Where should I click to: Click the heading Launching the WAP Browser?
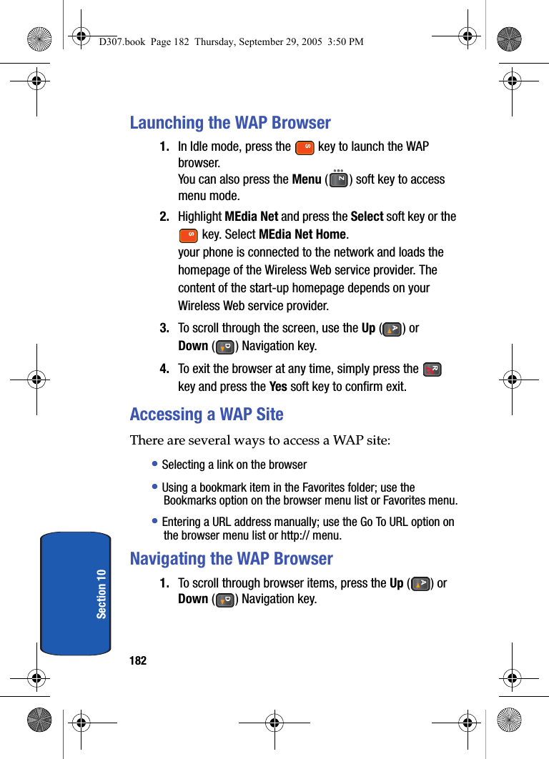230,123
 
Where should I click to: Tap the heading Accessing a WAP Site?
207,415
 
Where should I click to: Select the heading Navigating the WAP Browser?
231,559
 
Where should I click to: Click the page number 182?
138,660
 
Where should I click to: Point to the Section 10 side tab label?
101,593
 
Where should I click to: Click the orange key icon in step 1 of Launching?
305,148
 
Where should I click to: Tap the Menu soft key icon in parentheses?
338,179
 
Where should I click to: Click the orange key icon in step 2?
189,234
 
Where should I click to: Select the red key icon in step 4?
432,369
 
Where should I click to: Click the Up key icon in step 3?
392,329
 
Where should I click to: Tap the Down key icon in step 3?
224,347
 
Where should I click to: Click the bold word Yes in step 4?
278,387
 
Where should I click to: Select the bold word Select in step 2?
367,217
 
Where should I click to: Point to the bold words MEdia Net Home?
302,234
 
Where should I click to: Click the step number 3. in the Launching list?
164,329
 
